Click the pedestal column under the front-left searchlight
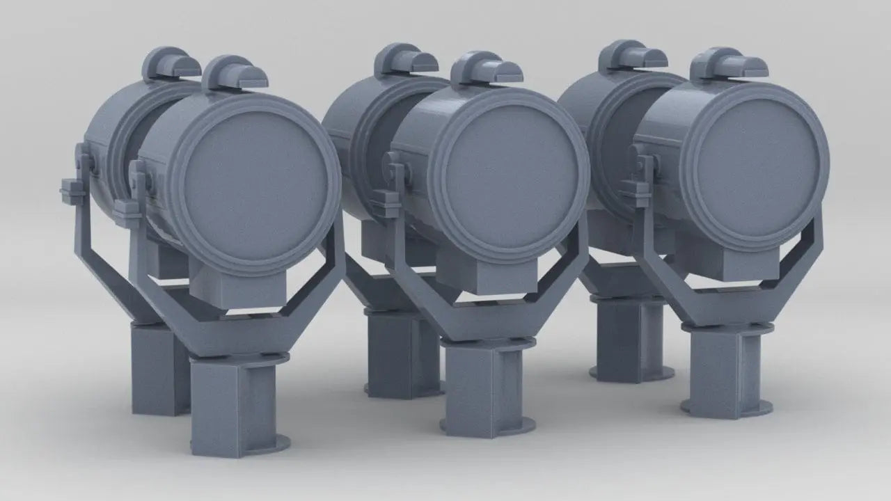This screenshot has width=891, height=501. (232, 404)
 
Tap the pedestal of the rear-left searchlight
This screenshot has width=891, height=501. (157, 369)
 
